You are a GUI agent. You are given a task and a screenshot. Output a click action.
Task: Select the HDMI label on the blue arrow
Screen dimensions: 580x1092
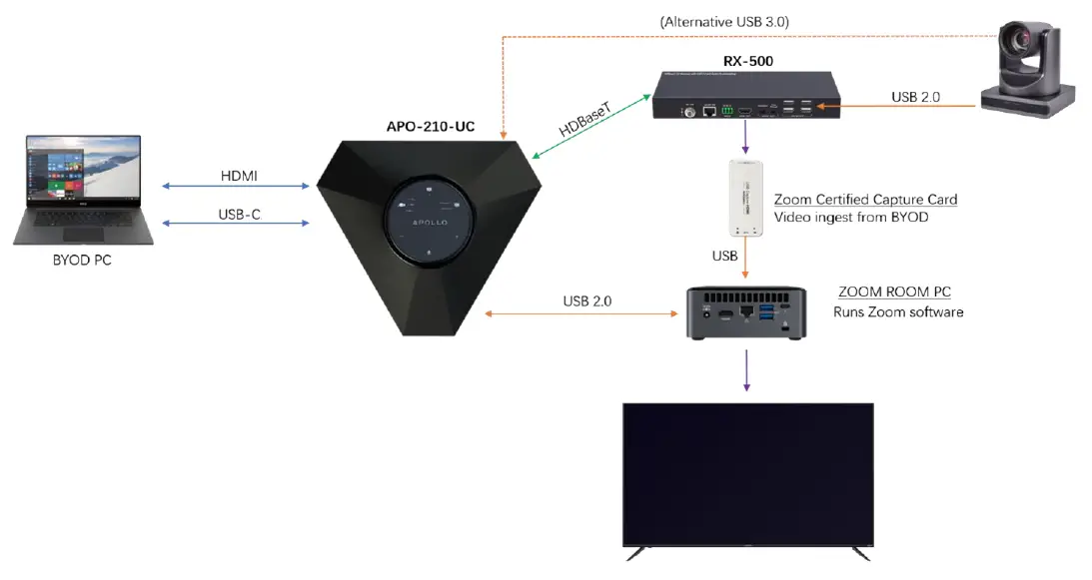point(239,176)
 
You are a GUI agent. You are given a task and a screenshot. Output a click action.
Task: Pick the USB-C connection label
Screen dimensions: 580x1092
point(240,214)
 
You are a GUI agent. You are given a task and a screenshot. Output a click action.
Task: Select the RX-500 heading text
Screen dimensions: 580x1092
point(749,61)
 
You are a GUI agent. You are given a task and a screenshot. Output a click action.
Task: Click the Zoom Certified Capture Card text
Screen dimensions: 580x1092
point(866,200)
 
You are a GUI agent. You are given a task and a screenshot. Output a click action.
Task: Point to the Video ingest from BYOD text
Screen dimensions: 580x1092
point(852,218)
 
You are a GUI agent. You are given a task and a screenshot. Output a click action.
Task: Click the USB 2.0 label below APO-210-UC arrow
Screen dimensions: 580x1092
point(586,300)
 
